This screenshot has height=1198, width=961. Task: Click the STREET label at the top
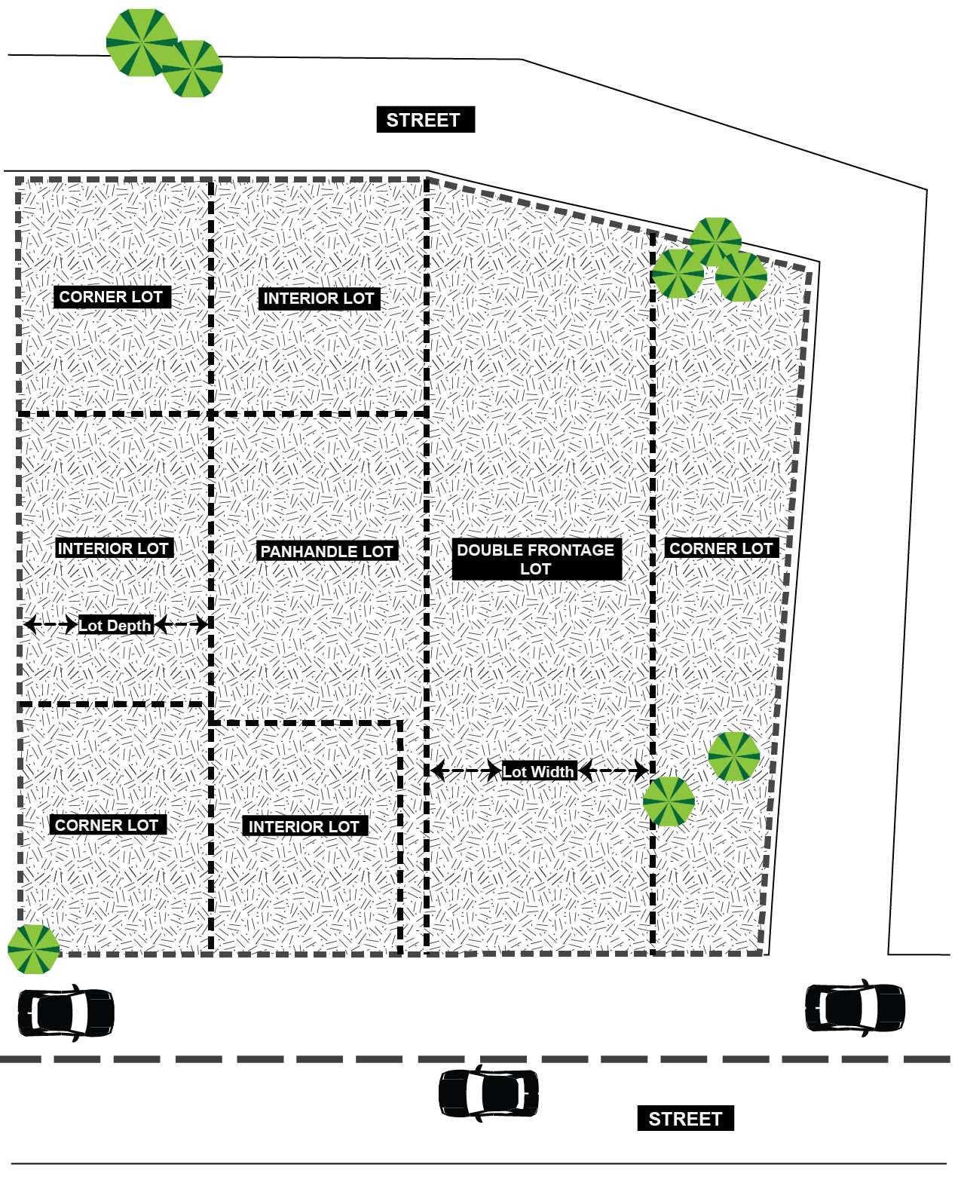click(x=425, y=120)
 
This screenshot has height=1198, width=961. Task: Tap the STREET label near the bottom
click(x=685, y=1119)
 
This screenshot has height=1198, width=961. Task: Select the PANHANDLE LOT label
click(x=326, y=551)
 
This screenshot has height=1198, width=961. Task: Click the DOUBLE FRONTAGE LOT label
click(x=536, y=559)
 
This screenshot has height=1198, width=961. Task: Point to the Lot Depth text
click(x=115, y=625)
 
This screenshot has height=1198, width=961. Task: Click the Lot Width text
click(x=538, y=771)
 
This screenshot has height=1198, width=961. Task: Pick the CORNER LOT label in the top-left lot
click(x=111, y=297)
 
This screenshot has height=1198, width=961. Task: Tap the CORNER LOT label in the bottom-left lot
click(x=107, y=825)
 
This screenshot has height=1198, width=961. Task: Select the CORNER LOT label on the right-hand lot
click(x=721, y=549)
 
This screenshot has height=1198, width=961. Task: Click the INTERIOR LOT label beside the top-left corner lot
click(x=318, y=299)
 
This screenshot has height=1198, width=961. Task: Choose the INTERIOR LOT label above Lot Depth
click(x=113, y=549)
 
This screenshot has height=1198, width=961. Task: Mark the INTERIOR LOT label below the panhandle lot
click(x=304, y=827)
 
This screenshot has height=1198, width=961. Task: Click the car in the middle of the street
click(x=488, y=1093)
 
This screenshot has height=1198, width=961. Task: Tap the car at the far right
click(x=855, y=1006)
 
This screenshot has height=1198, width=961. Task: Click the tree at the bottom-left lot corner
click(x=33, y=948)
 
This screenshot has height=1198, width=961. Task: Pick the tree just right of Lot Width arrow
click(x=669, y=801)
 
